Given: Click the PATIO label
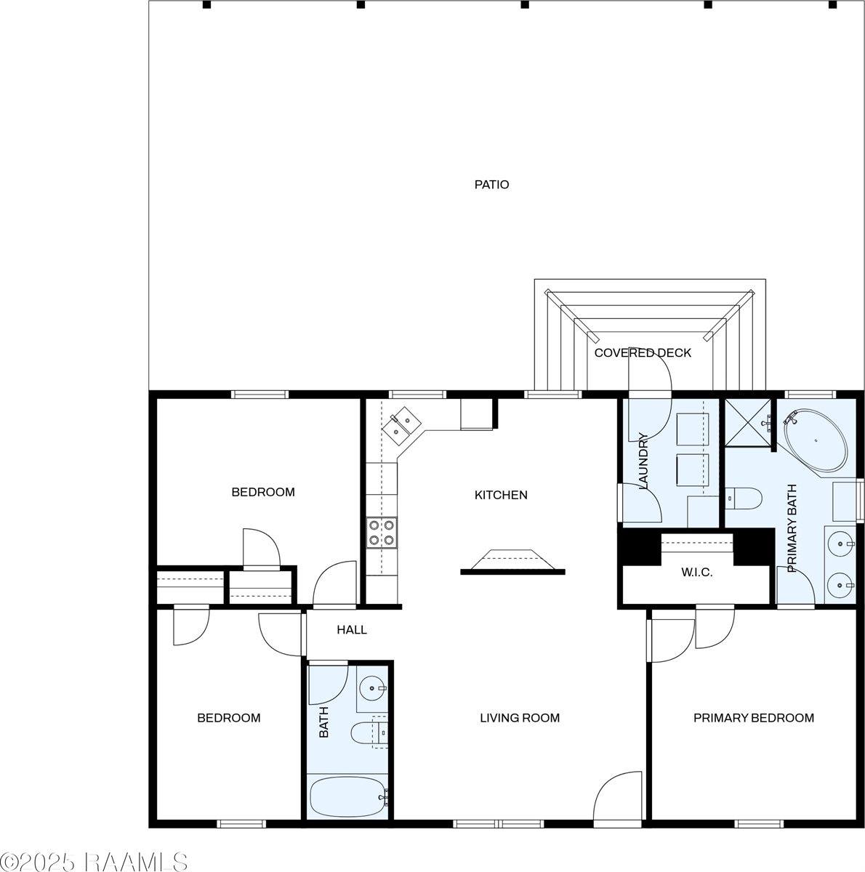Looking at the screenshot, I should (491, 185).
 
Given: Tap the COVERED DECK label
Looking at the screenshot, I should (643, 353).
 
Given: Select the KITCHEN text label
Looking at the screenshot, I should (501, 495).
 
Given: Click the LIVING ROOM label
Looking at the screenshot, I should (520, 718).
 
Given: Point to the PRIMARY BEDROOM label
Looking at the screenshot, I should (753, 718).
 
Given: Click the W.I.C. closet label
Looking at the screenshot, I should (696, 573).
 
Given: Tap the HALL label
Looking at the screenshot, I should (352, 630).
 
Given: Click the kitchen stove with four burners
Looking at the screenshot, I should (382, 531).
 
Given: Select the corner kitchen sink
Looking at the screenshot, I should (401, 427).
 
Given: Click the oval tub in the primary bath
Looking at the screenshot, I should (816, 440).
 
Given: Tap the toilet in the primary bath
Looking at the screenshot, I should (744, 498).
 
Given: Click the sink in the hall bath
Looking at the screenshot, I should (374, 687).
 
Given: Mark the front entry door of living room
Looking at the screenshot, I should (618, 799).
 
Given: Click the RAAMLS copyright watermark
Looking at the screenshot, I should (94, 862).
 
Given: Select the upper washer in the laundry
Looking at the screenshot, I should (691, 429).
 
